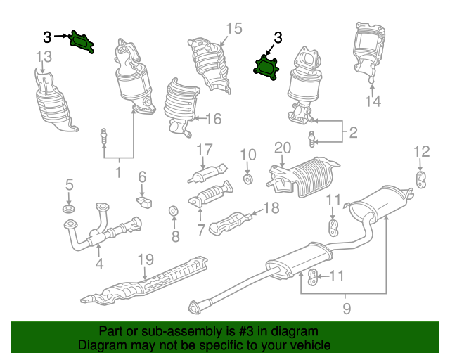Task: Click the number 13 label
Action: (43, 56)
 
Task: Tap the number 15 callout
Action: (233, 28)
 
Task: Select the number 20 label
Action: (282, 148)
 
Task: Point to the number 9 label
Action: (345, 307)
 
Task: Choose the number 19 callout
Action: (145, 259)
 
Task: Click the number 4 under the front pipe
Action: (99, 264)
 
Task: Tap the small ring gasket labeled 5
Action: (69, 210)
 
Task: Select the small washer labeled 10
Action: (248, 180)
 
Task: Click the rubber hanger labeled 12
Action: (420, 179)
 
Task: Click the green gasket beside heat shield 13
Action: (83, 41)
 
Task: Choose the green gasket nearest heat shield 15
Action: (267, 66)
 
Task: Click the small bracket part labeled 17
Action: (207, 173)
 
